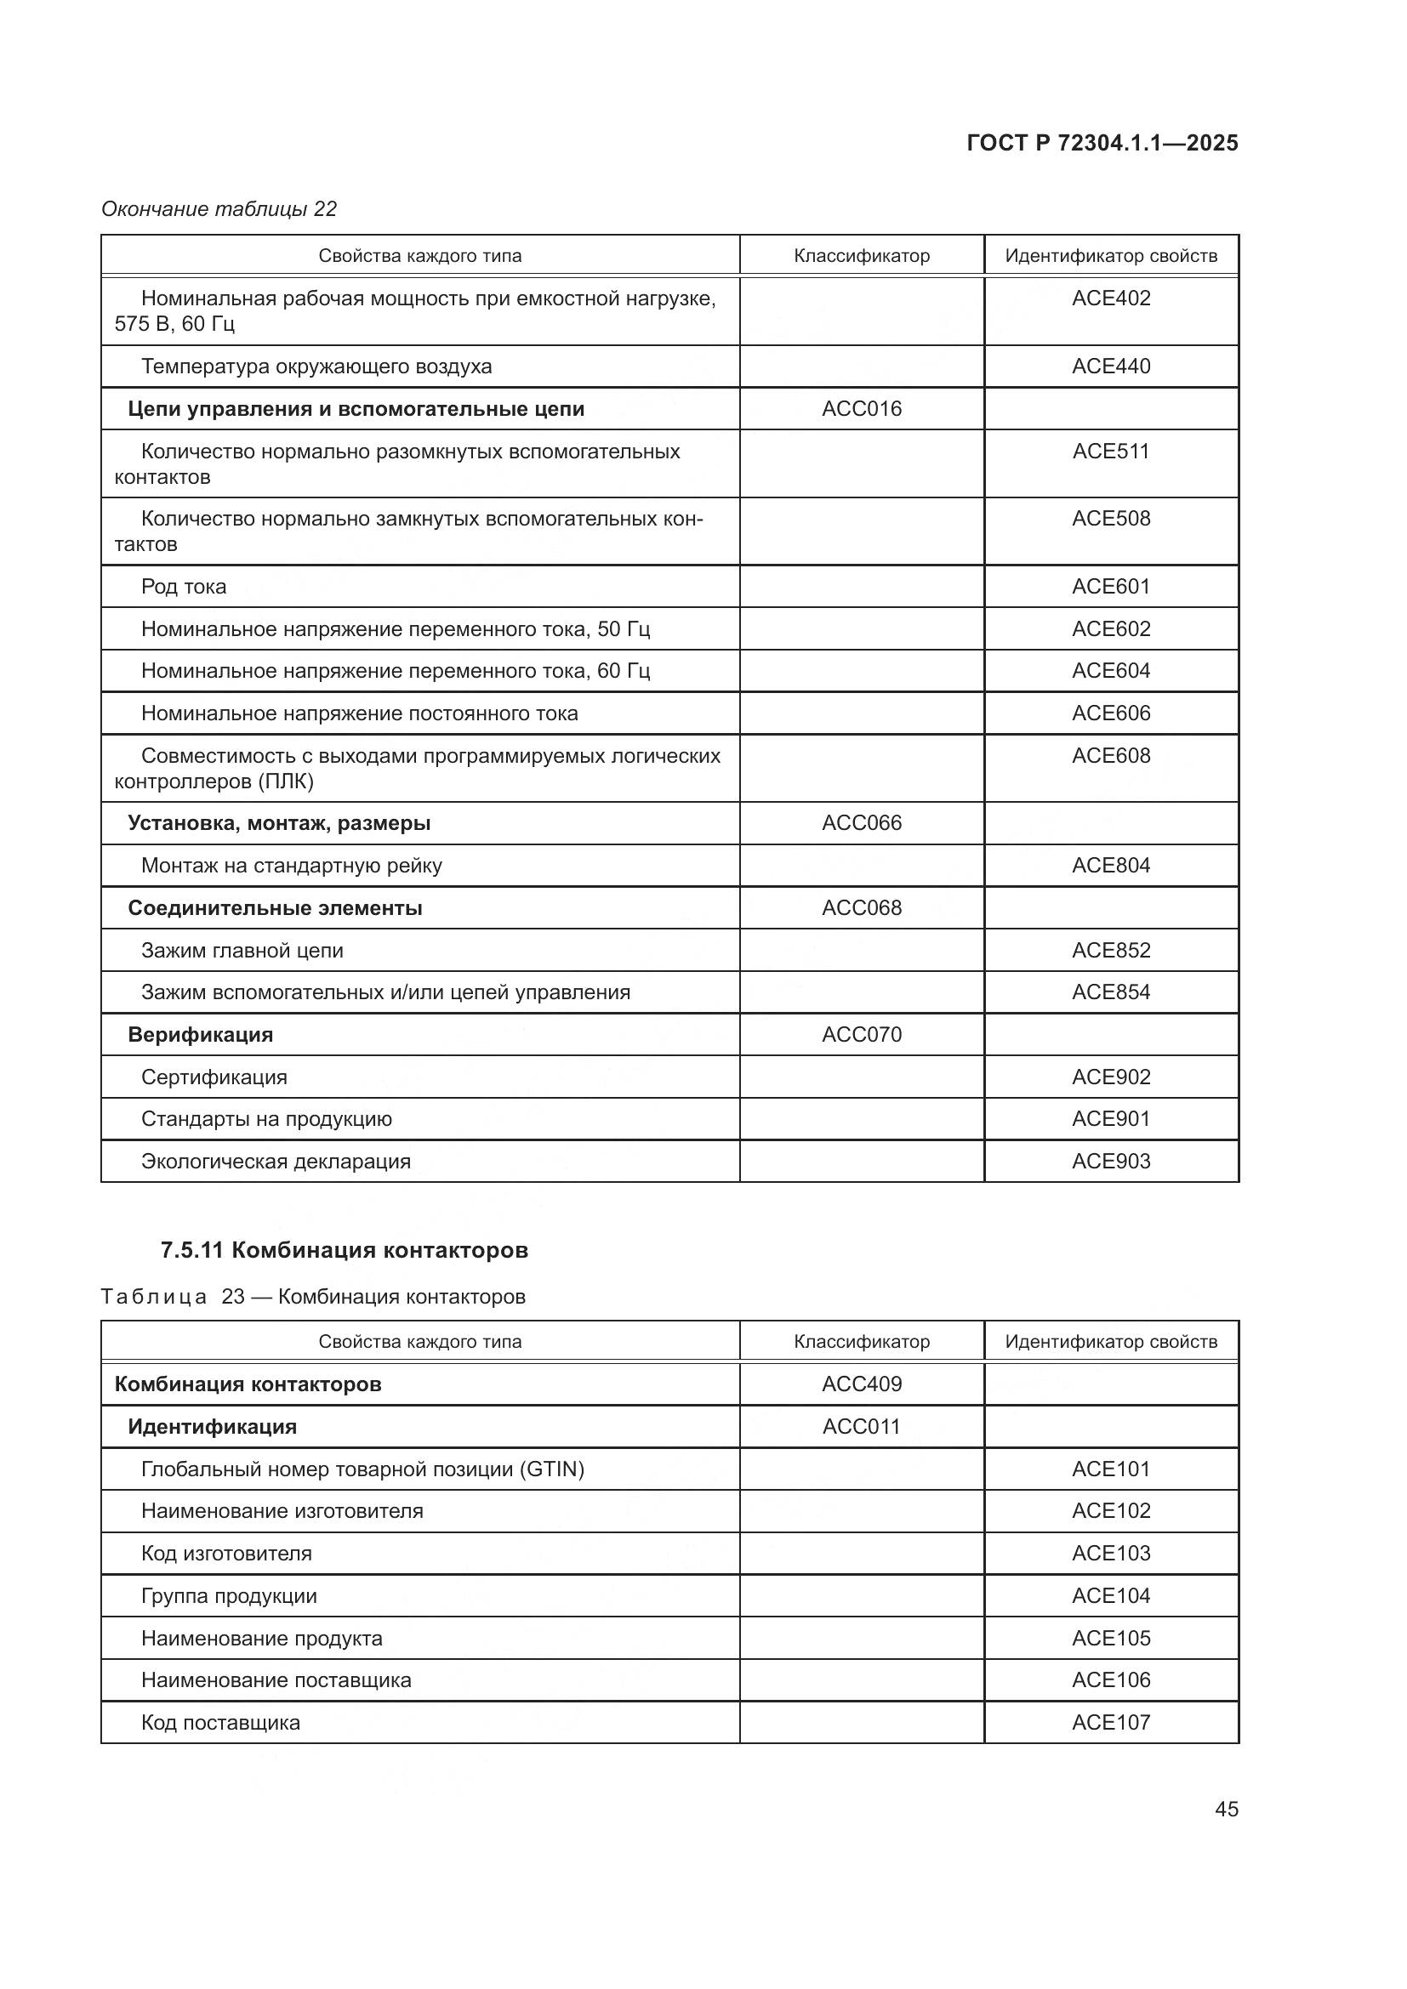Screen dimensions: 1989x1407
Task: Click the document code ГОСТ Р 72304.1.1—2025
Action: pos(1101,143)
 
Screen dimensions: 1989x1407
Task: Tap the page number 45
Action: pos(1226,1809)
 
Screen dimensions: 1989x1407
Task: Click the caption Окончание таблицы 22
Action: pos(219,209)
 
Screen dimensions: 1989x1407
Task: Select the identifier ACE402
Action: pos(1111,298)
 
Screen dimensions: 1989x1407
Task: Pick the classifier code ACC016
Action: pos(861,409)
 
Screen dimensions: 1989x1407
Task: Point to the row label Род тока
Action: pos(184,587)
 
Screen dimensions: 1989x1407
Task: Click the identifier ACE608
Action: pos(1111,755)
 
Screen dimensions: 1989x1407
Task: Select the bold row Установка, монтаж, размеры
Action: pos(279,823)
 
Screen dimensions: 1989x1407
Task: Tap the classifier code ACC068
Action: pos(861,908)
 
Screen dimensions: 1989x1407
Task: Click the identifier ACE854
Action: pos(1111,992)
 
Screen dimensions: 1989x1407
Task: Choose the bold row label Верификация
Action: pos(200,1034)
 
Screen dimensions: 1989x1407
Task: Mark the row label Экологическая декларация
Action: pos(276,1161)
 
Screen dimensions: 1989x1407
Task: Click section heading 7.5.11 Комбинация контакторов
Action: pos(344,1250)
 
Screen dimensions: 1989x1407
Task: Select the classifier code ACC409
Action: pos(861,1384)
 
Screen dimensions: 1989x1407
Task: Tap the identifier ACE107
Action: pos(1111,1722)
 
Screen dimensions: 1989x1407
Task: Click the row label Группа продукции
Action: pos(229,1595)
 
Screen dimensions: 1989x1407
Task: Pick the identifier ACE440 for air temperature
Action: pos(1111,367)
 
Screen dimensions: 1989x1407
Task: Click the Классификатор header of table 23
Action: pos(861,1342)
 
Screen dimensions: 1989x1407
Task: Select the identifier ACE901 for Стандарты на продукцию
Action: pos(1111,1118)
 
